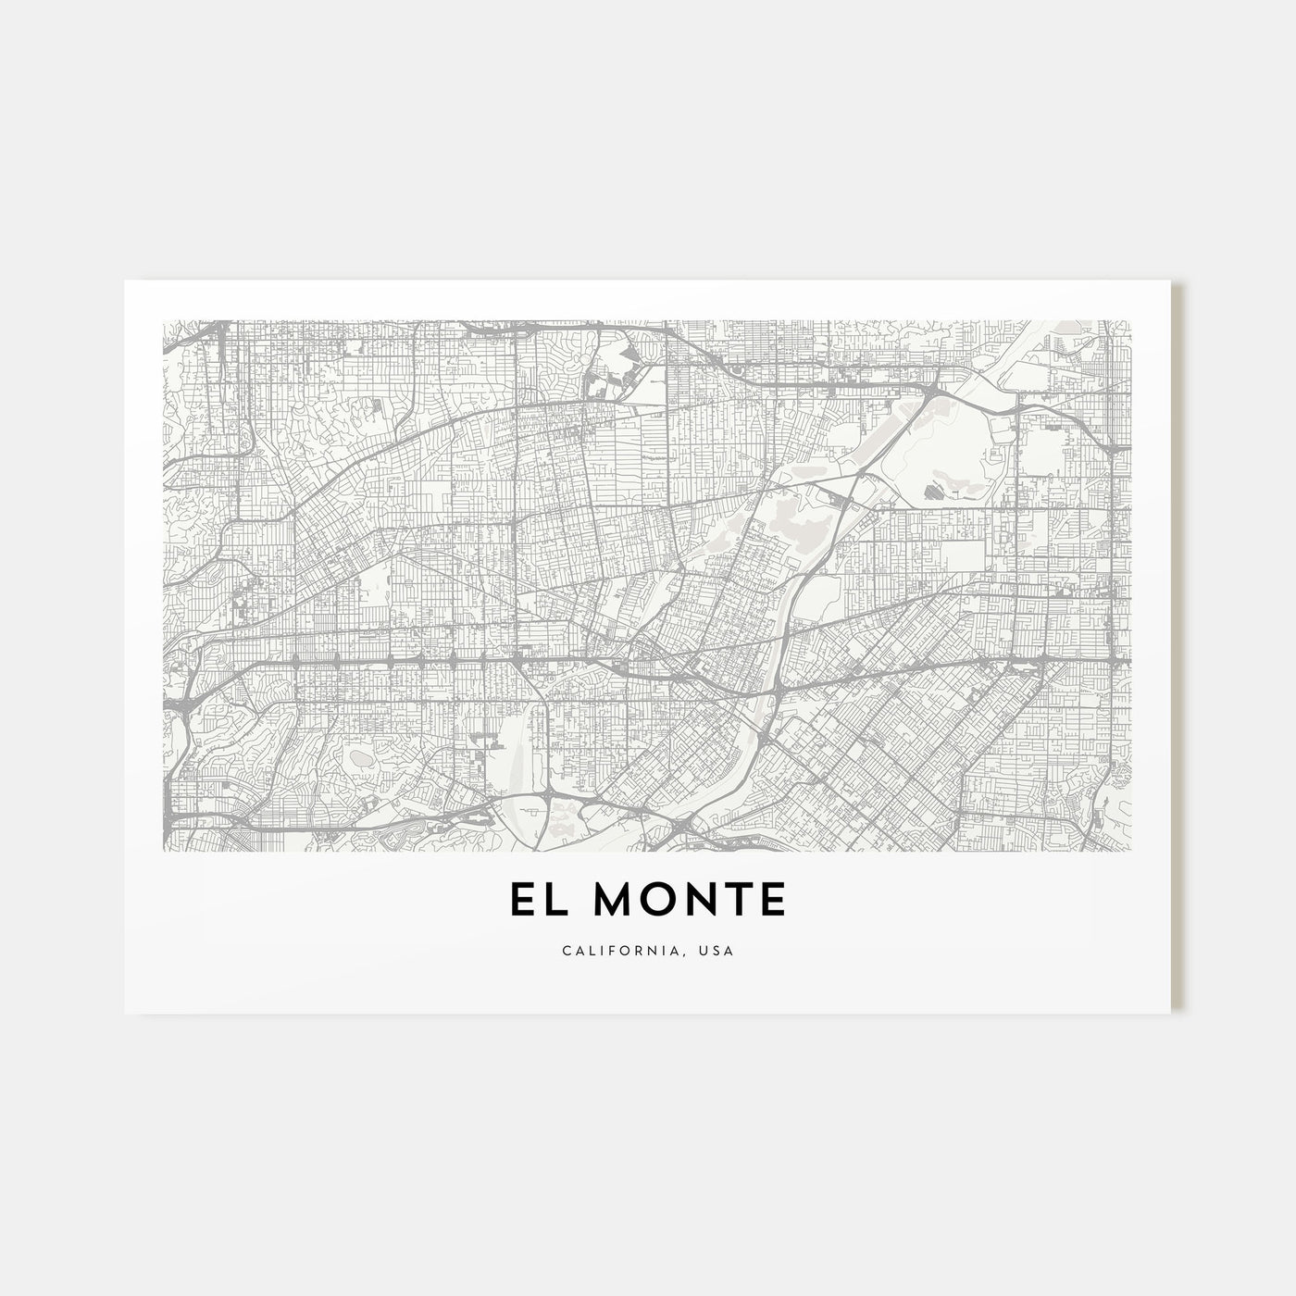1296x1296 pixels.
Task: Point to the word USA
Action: click(717, 951)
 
